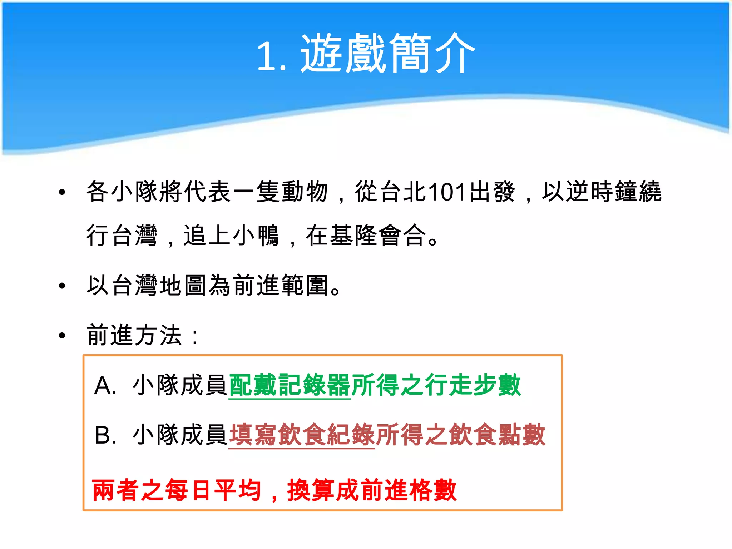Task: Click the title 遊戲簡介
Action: pos(387,54)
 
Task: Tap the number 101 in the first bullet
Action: pos(447,192)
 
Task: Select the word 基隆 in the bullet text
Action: pos(353,236)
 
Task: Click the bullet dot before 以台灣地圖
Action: pos(62,286)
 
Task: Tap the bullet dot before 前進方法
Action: pos(62,336)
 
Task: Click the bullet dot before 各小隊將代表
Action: pos(62,192)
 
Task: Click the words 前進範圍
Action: pos(281,286)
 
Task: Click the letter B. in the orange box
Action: pos(105,436)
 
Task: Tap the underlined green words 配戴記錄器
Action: pos(290,385)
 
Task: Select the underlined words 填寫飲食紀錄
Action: pos(302,435)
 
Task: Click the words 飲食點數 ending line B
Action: pos(497,435)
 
